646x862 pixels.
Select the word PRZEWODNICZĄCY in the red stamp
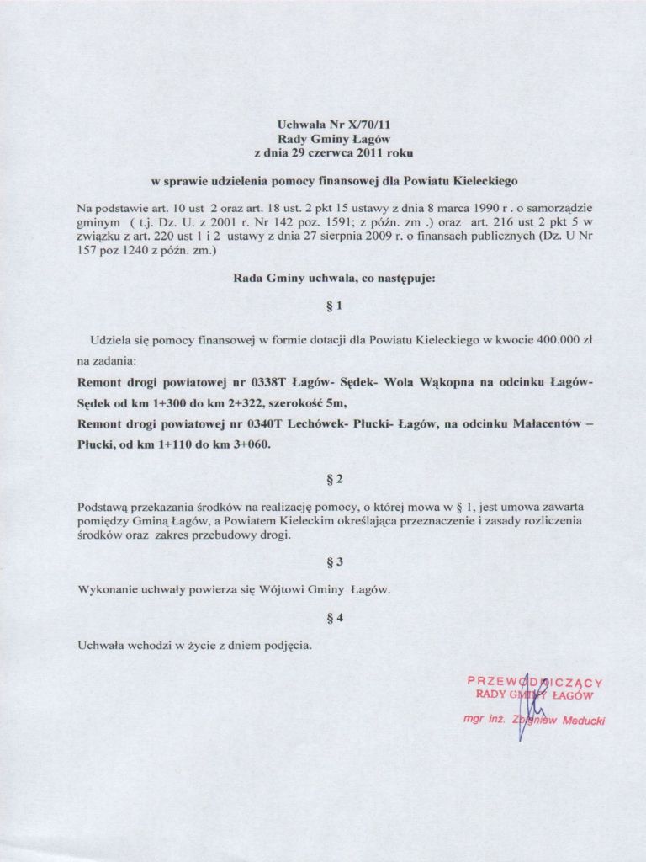535,682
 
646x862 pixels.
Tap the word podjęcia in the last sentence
285,646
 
